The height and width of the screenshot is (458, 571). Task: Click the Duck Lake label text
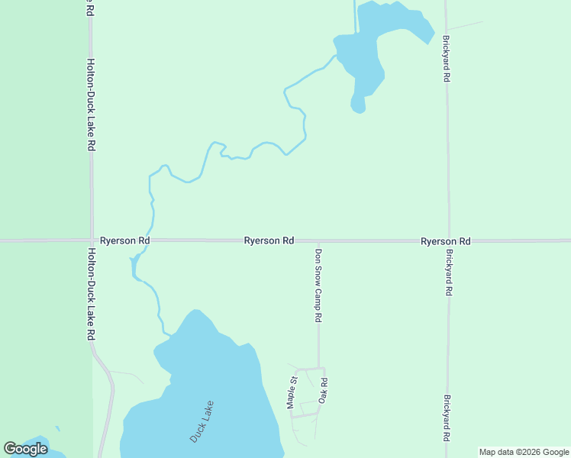(202, 421)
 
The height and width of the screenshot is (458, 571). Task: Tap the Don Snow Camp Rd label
(319, 284)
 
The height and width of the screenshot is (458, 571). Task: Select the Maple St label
(292, 392)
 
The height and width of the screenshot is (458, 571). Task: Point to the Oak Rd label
(324, 392)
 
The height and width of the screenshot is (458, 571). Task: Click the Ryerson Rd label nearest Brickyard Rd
(445, 241)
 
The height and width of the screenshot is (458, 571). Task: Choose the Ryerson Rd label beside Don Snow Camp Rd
(269, 240)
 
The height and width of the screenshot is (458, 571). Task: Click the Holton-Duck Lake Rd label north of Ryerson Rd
(91, 105)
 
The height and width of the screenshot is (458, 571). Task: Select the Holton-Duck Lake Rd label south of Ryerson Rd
(91, 294)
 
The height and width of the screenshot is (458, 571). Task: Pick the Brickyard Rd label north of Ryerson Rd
(446, 59)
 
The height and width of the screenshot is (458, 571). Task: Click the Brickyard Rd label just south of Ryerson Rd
(449, 273)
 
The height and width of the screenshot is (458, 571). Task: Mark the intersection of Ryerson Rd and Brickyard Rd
(448, 240)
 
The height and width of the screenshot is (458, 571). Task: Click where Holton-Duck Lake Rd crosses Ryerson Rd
(92, 240)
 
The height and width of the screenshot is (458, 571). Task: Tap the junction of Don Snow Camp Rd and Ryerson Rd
(318, 240)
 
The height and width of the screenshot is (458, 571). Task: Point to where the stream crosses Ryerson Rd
(151, 240)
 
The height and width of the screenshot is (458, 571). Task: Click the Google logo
(25, 449)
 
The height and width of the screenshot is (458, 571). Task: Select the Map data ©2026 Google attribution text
(524, 452)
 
